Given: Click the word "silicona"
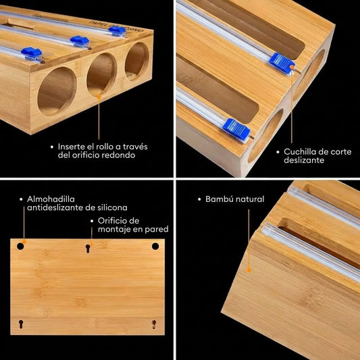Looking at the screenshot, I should [109, 208].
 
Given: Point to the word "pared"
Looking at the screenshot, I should [154, 230].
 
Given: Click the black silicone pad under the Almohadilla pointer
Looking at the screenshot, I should [21, 247].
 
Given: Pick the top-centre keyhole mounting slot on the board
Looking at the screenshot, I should [88, 249].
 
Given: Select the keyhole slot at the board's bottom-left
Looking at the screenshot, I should [22, 323].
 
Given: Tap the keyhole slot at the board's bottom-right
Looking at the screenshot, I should [154, 324].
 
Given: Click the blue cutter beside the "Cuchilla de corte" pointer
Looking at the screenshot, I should [282, 61].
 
